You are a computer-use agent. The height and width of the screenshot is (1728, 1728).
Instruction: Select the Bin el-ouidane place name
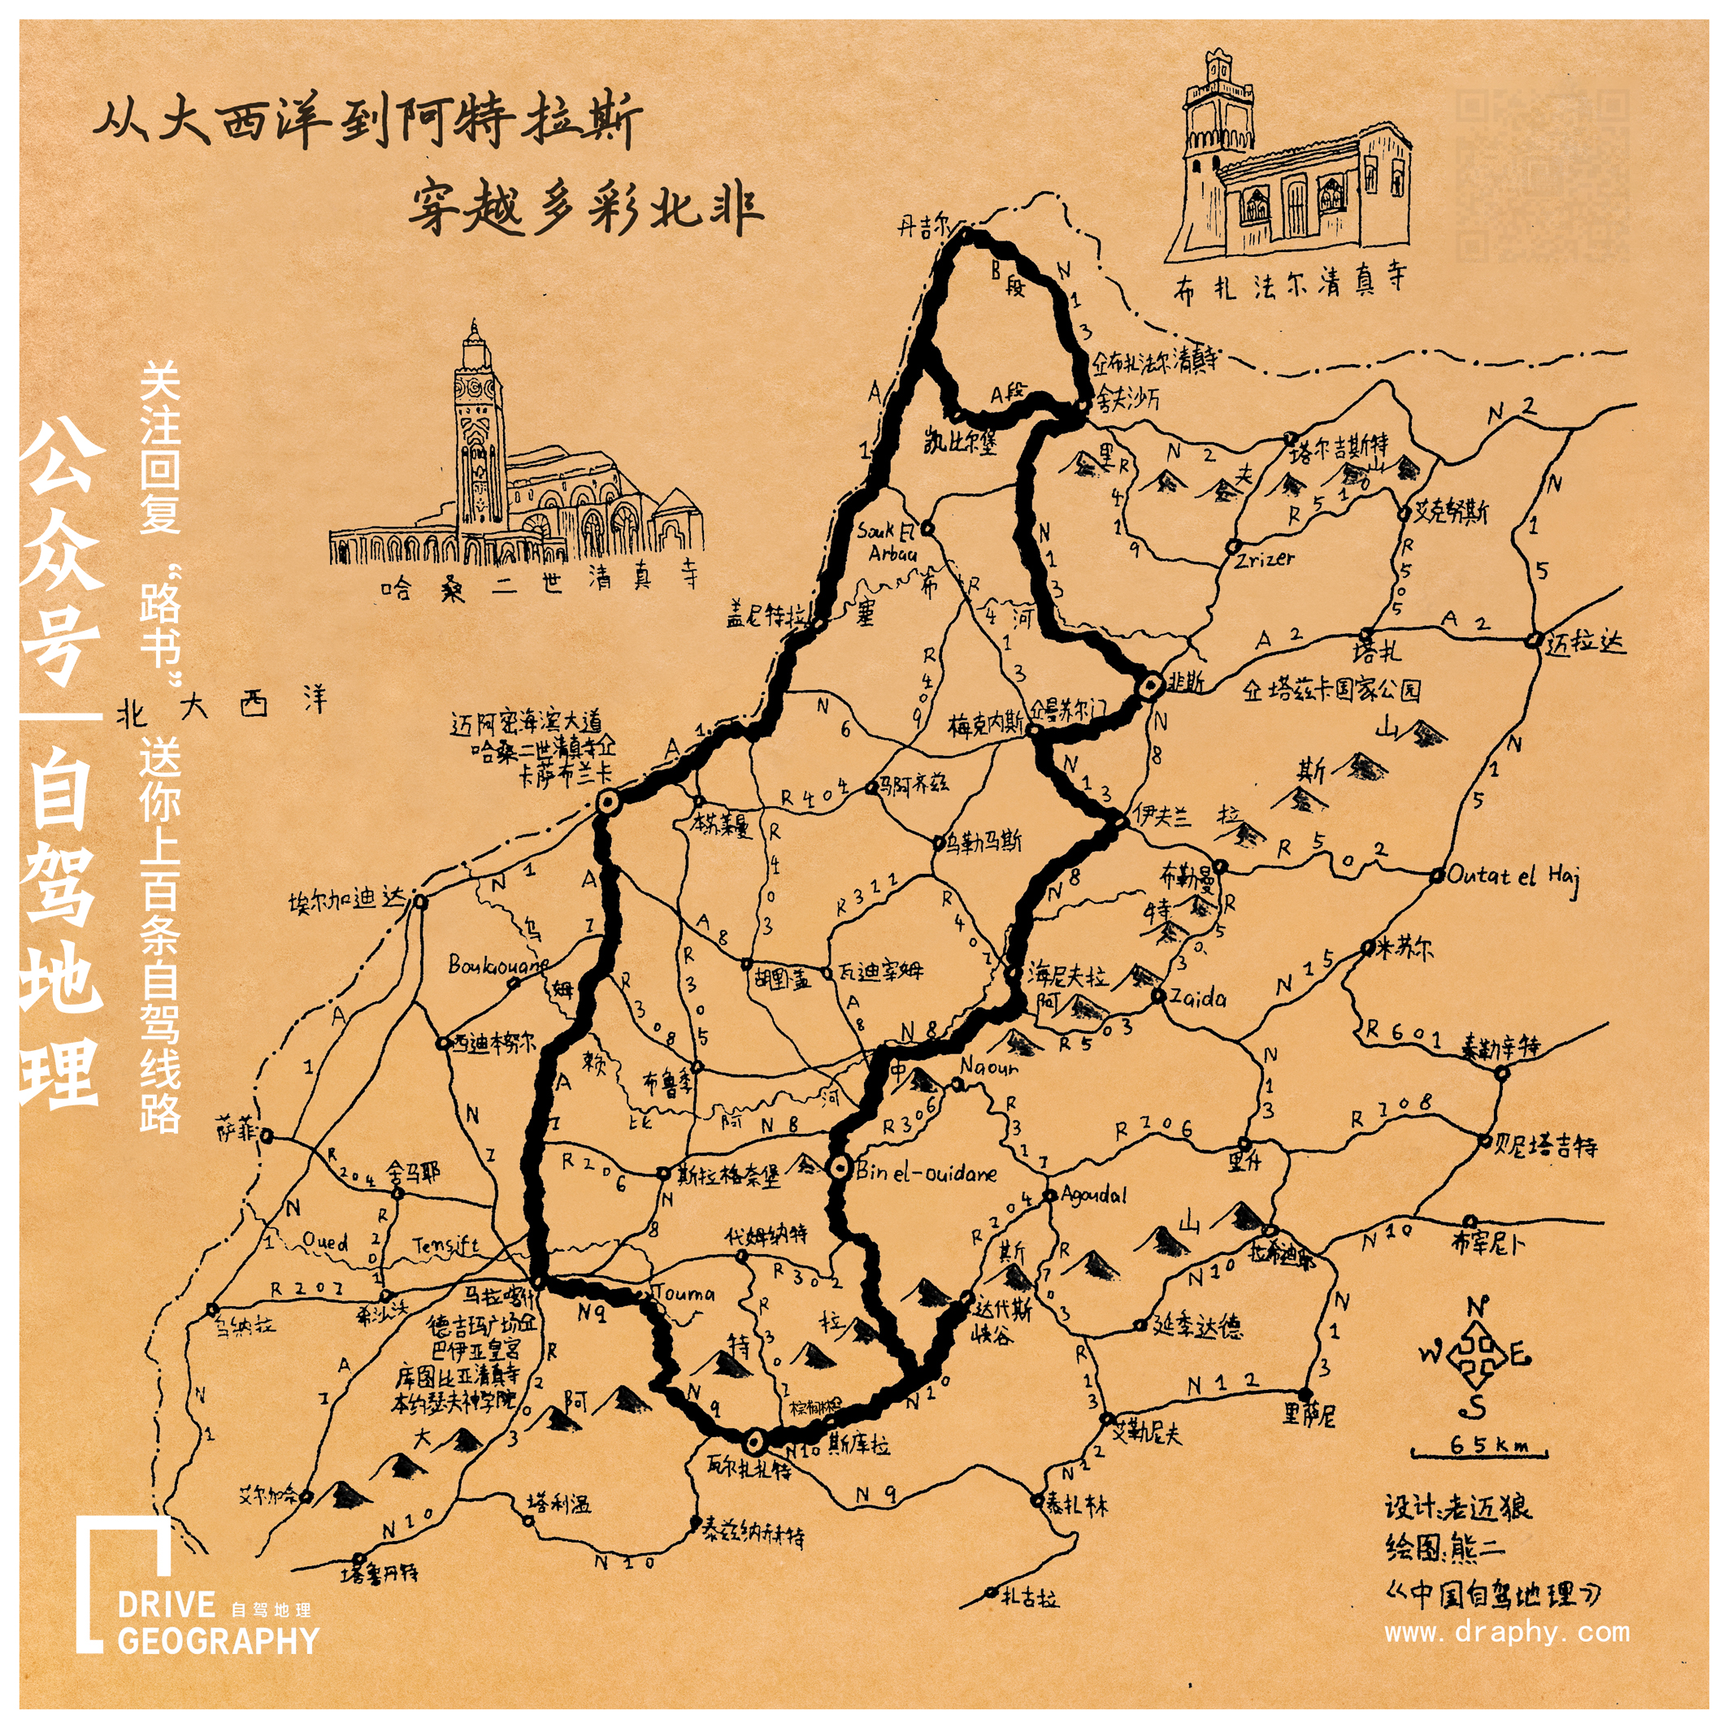coord(926,1173)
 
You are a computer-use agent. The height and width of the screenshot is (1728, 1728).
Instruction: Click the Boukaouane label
coord(497,966)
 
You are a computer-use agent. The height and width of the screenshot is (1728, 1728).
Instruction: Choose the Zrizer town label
coord(1264,559)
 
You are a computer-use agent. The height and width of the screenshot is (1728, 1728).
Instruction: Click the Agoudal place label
coord(1093,1195)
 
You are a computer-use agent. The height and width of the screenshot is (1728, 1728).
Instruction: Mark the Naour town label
coord(989,1067)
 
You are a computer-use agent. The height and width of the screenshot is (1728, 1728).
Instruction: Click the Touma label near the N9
coord(684,1293)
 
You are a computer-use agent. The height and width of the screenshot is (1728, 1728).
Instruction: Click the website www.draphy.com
coord(1506,1632)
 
